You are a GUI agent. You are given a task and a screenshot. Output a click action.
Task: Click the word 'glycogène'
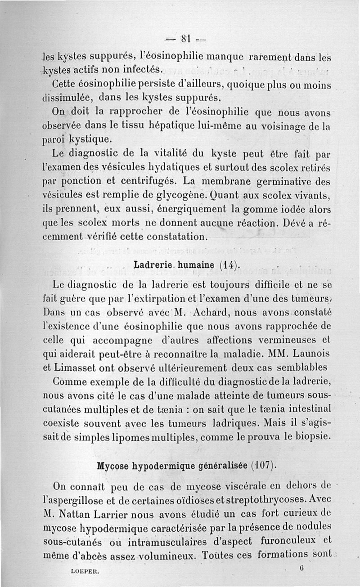click(211, 197)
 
